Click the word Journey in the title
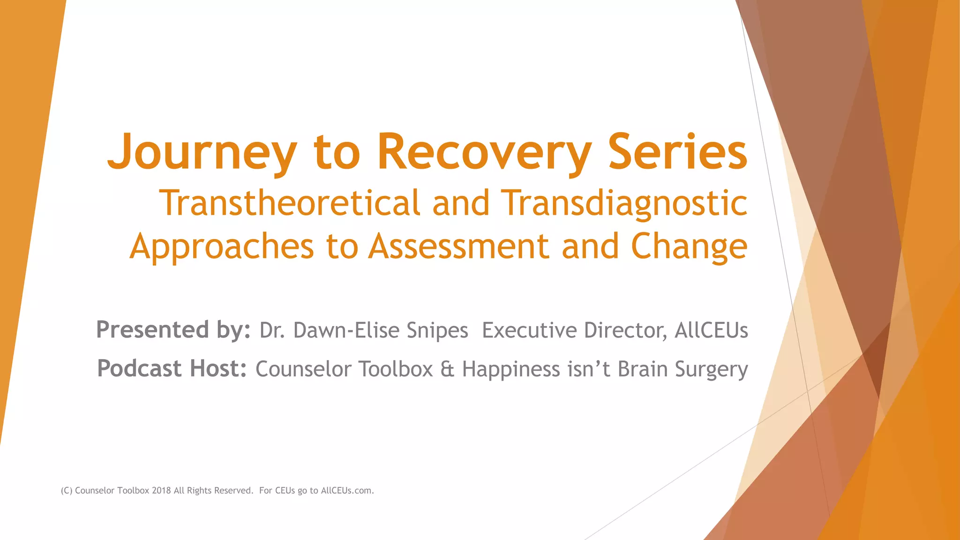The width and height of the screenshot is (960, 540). point(202,152)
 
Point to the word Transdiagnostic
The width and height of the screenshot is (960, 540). point(624,203)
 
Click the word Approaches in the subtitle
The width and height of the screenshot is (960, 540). point(222,247)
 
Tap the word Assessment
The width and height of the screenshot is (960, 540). point(458,247)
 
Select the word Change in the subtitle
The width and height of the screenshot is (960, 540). point(689,247)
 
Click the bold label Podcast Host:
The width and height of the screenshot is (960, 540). point(172,369)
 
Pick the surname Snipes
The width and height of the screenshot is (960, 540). point(437,330)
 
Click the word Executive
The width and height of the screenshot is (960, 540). point(529,330)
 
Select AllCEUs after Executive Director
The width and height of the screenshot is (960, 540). point(711,330)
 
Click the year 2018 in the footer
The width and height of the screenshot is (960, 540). point(161,491)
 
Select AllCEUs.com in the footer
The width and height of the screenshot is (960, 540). point(347,491)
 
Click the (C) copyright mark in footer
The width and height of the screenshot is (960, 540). point(67,491)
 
